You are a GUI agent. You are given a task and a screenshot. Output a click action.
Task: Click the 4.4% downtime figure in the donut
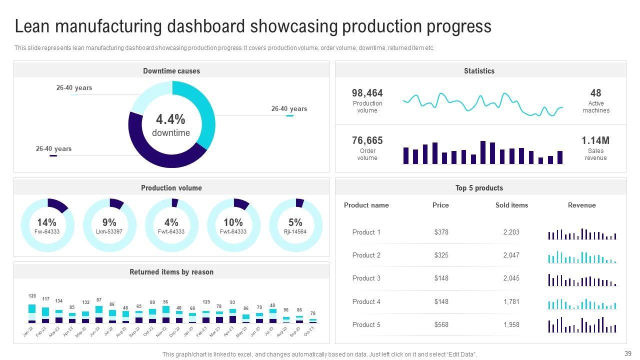pos(170,119)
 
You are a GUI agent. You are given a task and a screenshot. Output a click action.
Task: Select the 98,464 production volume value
pos(367,93)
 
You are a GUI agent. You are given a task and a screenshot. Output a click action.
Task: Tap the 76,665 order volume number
pos(367,140)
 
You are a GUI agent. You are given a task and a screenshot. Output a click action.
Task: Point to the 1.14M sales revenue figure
pos(595,140)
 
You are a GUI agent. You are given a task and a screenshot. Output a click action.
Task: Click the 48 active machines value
pos(595,93)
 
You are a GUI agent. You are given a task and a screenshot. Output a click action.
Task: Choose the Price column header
pos(440,205)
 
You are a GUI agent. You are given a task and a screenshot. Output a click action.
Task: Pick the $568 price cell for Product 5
pos(441,324)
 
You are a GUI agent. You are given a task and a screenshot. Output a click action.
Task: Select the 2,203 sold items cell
pos(511,232)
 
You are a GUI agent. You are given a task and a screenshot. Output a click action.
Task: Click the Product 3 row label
pos(366,278)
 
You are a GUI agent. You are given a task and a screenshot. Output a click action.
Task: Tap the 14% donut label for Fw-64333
pos(46,222)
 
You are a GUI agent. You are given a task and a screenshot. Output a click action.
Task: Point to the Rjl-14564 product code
pos(295,231)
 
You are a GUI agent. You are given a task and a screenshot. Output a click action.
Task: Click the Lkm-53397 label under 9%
pos(109,231)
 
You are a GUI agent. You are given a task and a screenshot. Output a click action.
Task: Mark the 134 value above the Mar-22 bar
pos(59,301)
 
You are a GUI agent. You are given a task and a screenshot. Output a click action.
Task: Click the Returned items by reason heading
pos(171,272)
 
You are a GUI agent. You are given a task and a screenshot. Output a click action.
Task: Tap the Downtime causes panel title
pos(171,71)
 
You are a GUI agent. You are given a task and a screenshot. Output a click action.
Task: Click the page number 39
pos(628,352)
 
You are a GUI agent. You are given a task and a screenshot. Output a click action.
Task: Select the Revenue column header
pos(581,205)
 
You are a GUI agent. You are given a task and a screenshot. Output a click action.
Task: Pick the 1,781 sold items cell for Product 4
pos(511,301)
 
